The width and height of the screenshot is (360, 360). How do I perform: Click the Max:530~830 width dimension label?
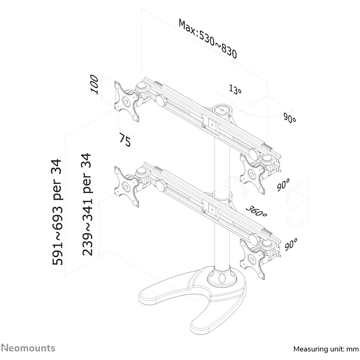click(x=208, y=39)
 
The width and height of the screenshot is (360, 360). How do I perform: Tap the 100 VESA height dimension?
click(x=94, y=84)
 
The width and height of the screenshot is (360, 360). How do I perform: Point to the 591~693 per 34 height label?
click(x=57, y=212)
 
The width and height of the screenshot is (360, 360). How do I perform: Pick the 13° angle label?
click(x=235, y=89)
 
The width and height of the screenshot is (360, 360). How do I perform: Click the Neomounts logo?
click(x=29, y=348)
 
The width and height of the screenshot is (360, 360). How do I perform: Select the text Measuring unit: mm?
click(x=326, y=349)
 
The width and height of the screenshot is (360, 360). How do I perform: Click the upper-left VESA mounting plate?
click(x=126, y=102)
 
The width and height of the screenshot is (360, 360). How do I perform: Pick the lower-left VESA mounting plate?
click(x=126, y=187)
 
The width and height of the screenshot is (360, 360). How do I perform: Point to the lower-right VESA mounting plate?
click(x=252, y=259)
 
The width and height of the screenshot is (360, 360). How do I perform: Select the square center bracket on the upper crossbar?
click(x=213, y=125)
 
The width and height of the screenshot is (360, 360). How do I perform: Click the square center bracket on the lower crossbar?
click(x=213, y=210)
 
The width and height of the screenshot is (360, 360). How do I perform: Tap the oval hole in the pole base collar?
click(x=222, y=278)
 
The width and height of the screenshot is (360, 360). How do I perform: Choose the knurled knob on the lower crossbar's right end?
click(x=255, y=239)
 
